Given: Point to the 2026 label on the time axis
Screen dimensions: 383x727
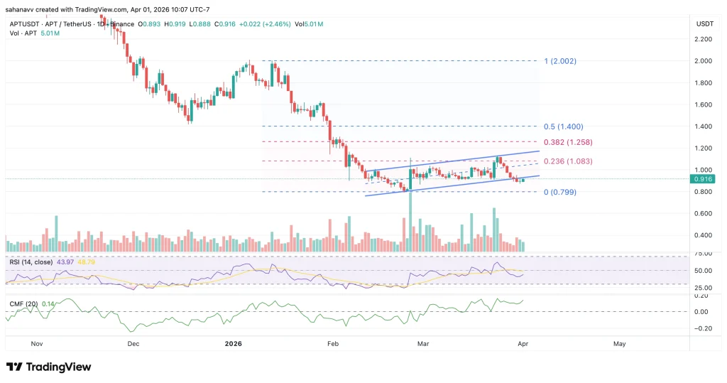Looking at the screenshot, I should click(x=234, y=344).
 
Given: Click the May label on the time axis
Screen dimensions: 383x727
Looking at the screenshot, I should click(x=619, y=344).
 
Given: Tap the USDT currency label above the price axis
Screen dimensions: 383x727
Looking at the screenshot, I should click(x=704, y=23).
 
